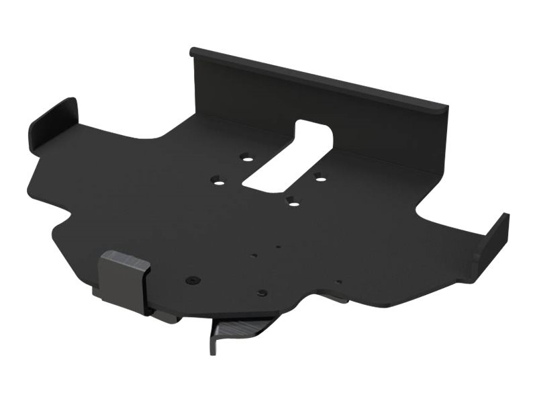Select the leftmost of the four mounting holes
click(x=217, y=180)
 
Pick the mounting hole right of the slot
click(x=320, y=177)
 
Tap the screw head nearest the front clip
click(x=193, y=279)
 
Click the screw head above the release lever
click(x=262, y=294)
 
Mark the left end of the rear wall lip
click(x=195, y=52)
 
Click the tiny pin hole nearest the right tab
click(x=339, y=281)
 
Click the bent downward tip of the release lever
click(x=213, y=344)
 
